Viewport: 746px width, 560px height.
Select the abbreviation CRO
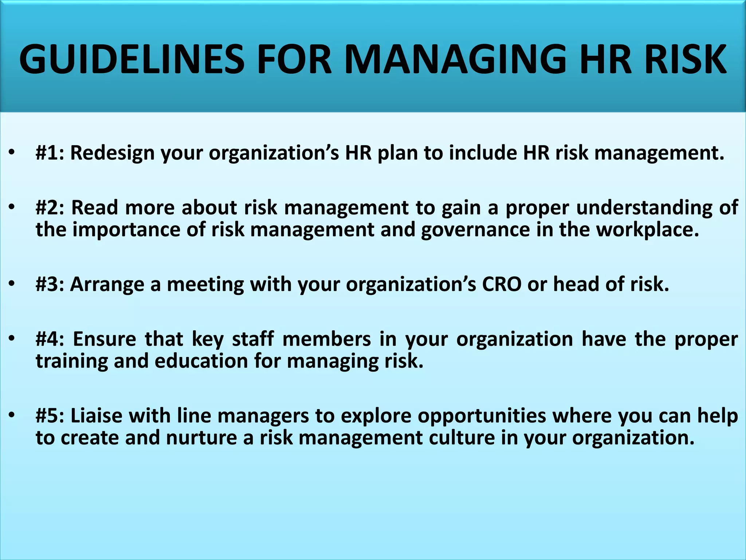click(x=502, y=284)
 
